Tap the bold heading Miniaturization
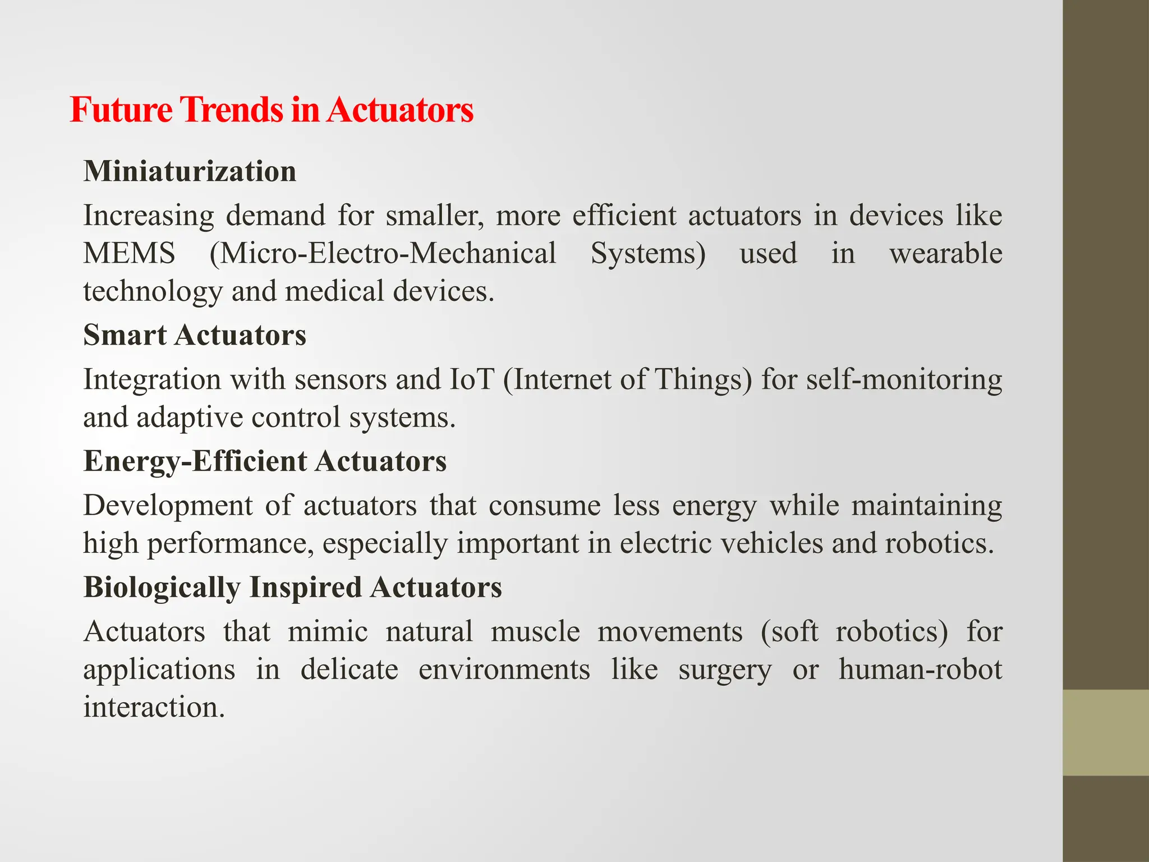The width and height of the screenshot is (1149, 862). (190, 171)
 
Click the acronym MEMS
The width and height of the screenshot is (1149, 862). (129, 254)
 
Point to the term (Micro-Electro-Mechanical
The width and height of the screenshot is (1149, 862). (383, 254)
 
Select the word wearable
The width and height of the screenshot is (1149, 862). (945, 254)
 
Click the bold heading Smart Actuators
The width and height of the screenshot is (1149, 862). (195, 336)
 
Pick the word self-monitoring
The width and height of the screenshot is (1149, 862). (904, 380)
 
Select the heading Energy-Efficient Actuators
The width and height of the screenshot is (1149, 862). (265, 462)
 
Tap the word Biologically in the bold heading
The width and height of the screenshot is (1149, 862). (162, 588)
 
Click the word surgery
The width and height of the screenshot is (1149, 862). (724, 670)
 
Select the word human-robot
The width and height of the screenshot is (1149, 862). (920, 670)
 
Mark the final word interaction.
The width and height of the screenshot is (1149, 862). (154, 707)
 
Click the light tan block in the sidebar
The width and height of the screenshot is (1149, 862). (1105, 732)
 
